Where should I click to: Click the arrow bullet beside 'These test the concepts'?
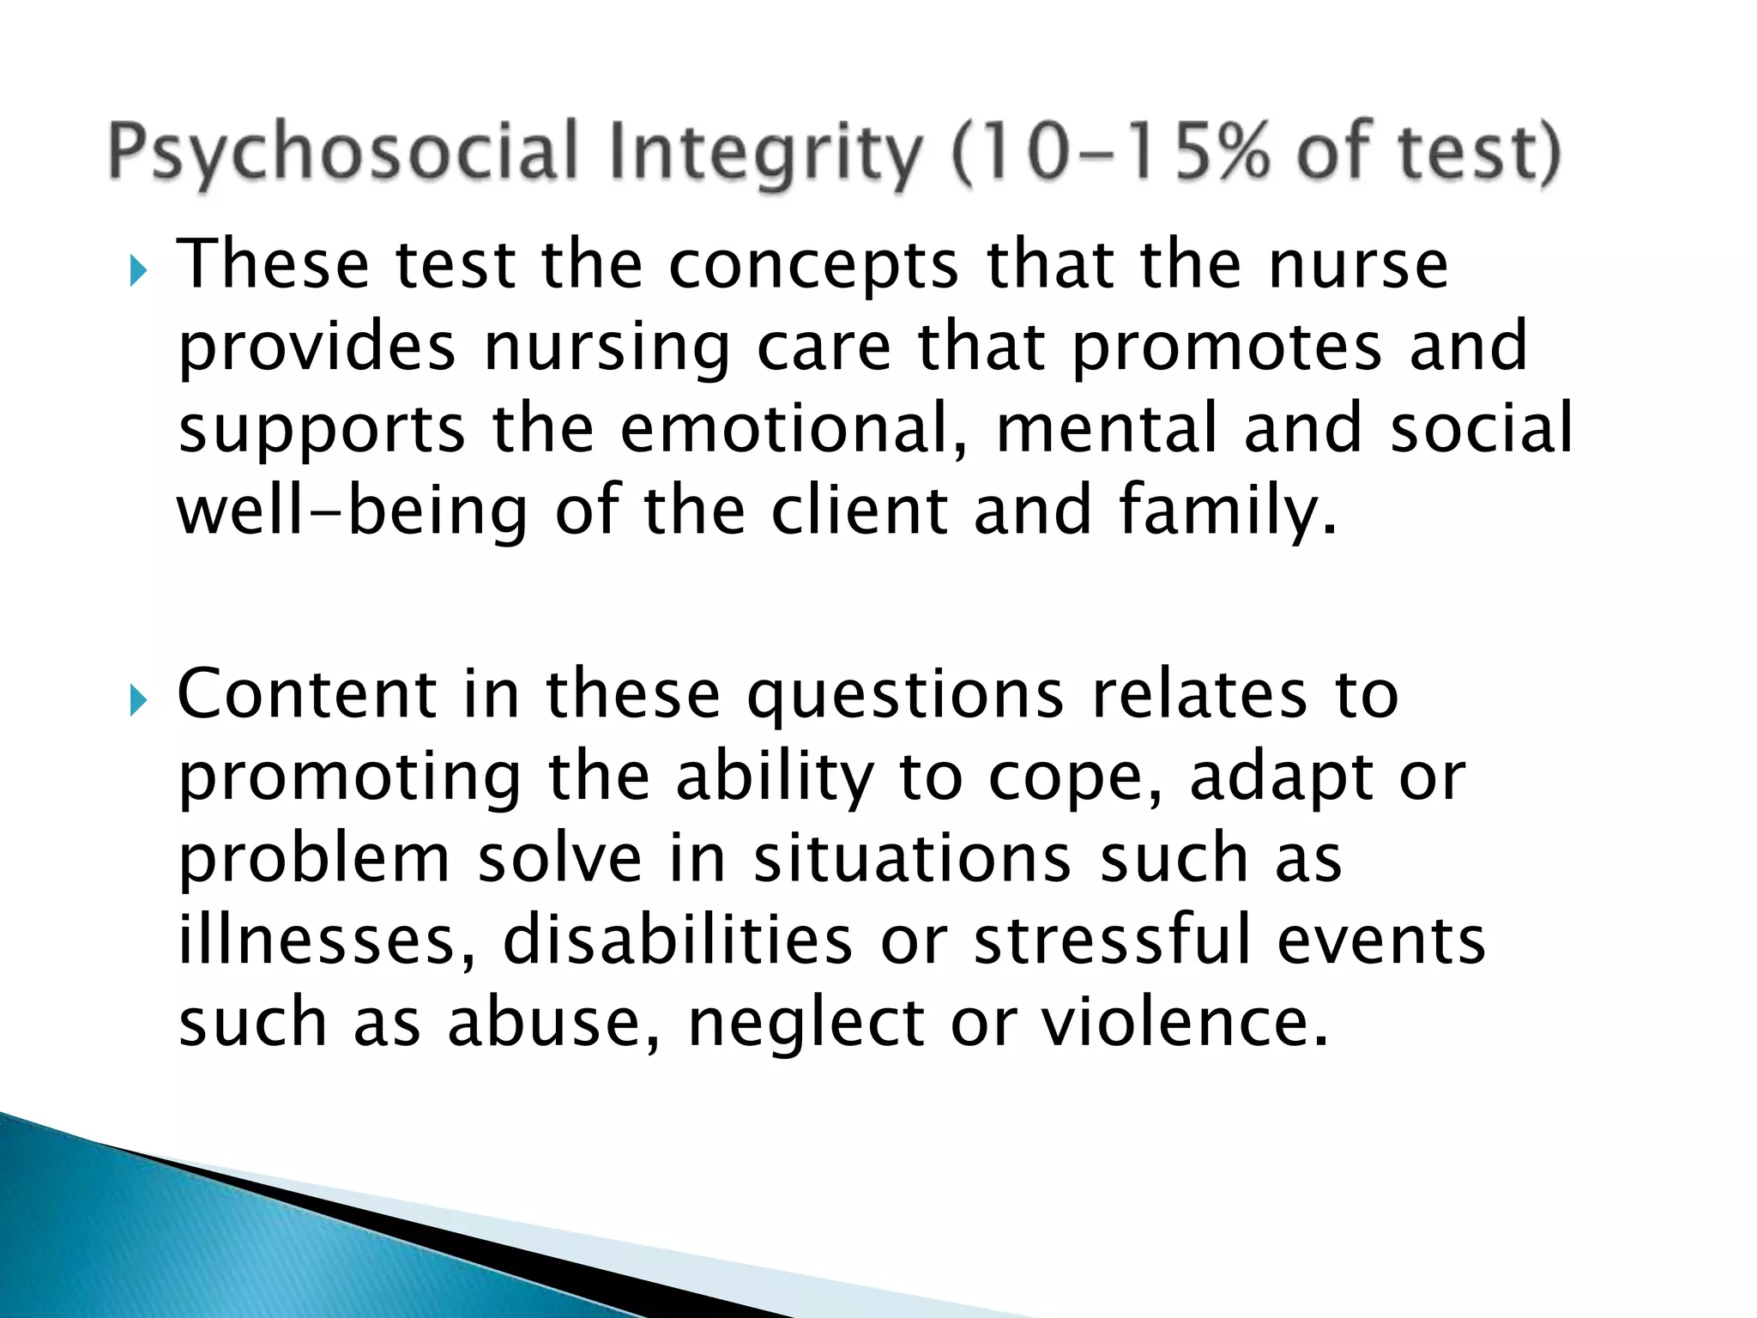[138, 273]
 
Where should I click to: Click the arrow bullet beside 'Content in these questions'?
[138, 702]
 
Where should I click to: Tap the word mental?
[1107, 428]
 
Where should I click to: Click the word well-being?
[352, 511]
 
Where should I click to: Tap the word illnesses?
[326, 940]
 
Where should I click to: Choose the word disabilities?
[678, 940]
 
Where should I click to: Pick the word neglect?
[806, 1025]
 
